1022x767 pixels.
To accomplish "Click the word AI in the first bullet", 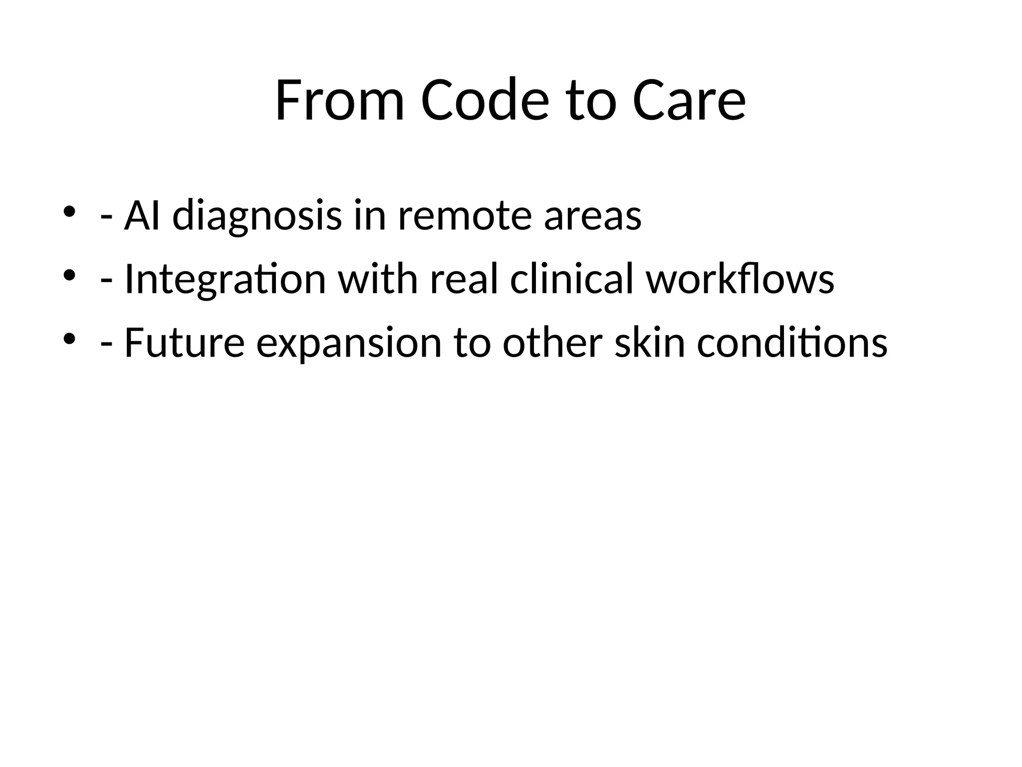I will [x=142, y=216].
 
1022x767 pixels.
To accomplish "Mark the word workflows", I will [x=740, y=279].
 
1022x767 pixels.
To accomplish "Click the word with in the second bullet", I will [x=378, y=279].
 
